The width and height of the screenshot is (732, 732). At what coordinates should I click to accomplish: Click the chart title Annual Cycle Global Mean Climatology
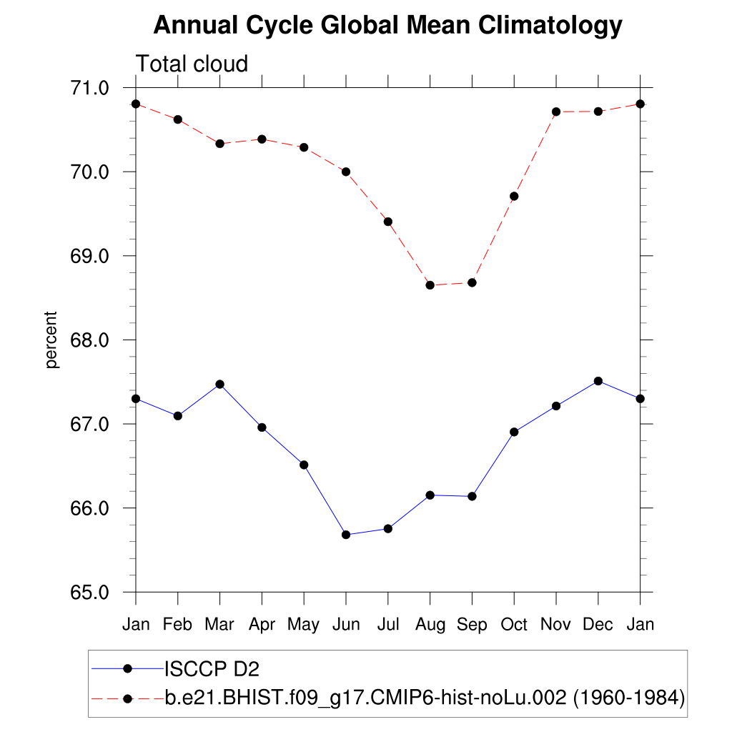(x=388, y=26)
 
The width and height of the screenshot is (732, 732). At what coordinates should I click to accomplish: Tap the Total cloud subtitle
(x=192, y=64)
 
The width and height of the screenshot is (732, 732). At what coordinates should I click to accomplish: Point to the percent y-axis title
(x=51, y=340)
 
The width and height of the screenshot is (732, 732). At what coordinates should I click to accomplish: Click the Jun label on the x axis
(x=346, y=625)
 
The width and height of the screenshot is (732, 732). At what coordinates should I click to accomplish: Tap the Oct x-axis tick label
(x=514, y=625)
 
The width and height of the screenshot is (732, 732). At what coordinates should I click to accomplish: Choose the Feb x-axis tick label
(x=177, y=625)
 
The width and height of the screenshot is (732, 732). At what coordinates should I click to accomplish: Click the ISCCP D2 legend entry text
(x=212, y=669)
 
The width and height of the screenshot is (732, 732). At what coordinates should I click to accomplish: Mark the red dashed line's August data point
(x=430, y=285)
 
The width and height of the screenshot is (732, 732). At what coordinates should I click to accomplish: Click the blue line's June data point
(x=346, y=535)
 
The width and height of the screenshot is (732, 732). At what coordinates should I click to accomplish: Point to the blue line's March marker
(x=220, y=384)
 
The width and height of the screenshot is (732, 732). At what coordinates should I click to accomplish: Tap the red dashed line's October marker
(x=514, y=196)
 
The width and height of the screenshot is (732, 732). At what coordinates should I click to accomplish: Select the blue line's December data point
(x=598, y=381)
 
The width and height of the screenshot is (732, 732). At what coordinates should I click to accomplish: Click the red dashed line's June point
(x=346, y=172)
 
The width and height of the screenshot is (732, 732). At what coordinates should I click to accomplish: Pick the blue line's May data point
(x=304, y=465)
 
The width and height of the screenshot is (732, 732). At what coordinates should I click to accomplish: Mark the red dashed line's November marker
(x=556, y=112)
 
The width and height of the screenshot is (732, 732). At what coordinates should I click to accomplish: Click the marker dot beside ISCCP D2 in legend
(x=127, y=668)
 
